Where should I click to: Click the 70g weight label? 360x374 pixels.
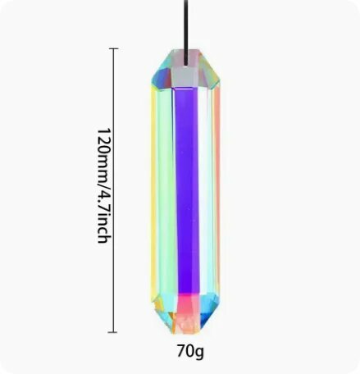click(190, 351)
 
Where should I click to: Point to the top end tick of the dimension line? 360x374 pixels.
click(114, 48)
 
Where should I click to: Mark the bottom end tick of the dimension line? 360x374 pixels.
click(112, 332)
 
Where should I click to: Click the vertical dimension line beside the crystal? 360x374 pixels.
click(113, 190)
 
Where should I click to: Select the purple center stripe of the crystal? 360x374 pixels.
click(187, 191)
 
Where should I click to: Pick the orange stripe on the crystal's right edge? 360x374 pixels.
click(217, 191)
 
